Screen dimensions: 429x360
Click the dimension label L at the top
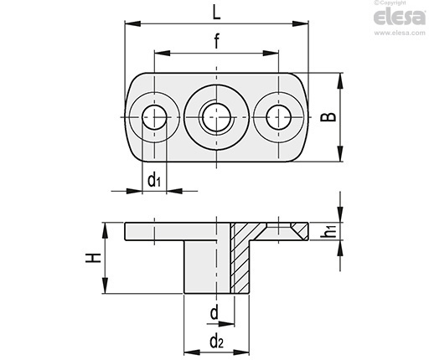coord(216,13)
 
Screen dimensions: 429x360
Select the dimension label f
coord(217,41)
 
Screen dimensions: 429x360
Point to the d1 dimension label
coord(154,180)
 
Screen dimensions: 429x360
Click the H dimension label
coord(93,258)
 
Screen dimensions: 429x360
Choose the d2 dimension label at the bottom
coord(217,341)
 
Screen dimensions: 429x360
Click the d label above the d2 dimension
coord(214,313)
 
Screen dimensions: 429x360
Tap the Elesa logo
coord(400,18)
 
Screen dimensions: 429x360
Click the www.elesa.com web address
coord(400,33)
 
